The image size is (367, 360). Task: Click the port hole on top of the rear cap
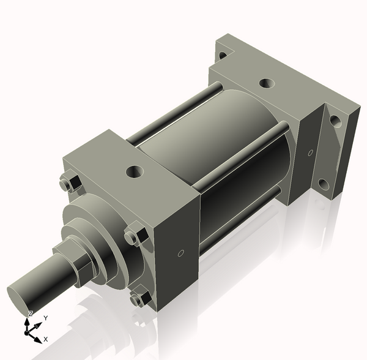[265, 83]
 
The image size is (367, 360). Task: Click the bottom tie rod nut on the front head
[140, 298]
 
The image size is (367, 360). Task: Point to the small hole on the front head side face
[180, 253]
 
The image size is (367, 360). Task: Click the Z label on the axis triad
[31, 313]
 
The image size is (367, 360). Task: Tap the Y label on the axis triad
[45, 318]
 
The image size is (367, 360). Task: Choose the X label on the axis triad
[46, 339]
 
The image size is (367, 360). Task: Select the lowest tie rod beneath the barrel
[239, 220]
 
